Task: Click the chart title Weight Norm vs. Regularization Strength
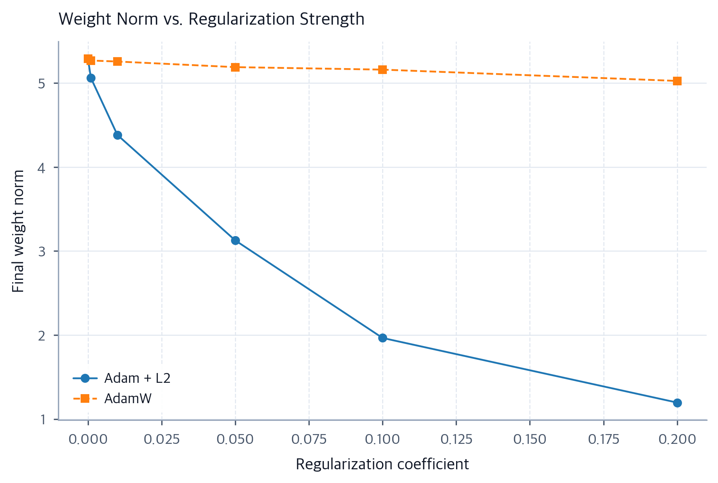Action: point(211,19)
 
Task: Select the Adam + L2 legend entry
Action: point(122,378)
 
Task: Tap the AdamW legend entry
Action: point(112,398)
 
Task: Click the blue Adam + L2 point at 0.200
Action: point(677,403)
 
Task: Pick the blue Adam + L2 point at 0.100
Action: point(382,338)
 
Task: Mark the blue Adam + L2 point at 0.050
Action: point(235,240)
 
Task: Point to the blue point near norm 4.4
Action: point(117,135)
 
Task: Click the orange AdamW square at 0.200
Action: point(677,81)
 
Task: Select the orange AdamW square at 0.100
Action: point(382,70)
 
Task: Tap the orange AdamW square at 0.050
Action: point(235,67)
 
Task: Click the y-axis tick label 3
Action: point(42,251)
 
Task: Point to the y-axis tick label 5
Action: point(42,83)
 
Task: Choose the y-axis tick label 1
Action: point(43,420)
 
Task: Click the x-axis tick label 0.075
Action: point(309,439)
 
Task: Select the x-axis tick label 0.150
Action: point(530,439)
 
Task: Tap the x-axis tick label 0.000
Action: point(88,439)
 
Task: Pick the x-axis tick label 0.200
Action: point(677,439)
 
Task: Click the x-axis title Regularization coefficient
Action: point(382,464)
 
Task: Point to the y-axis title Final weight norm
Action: point(18,231)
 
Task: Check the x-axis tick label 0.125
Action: point(456,439)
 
